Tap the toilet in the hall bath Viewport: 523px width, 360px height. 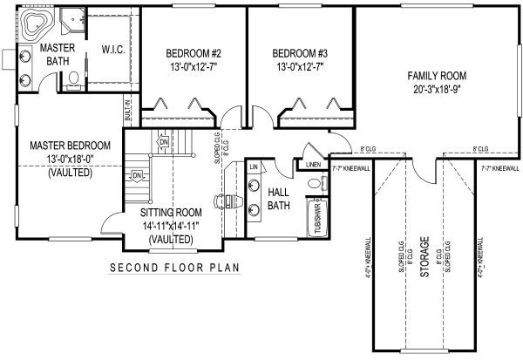315,184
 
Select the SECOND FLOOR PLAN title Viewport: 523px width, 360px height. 174,267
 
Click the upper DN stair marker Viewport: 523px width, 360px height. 162,140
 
